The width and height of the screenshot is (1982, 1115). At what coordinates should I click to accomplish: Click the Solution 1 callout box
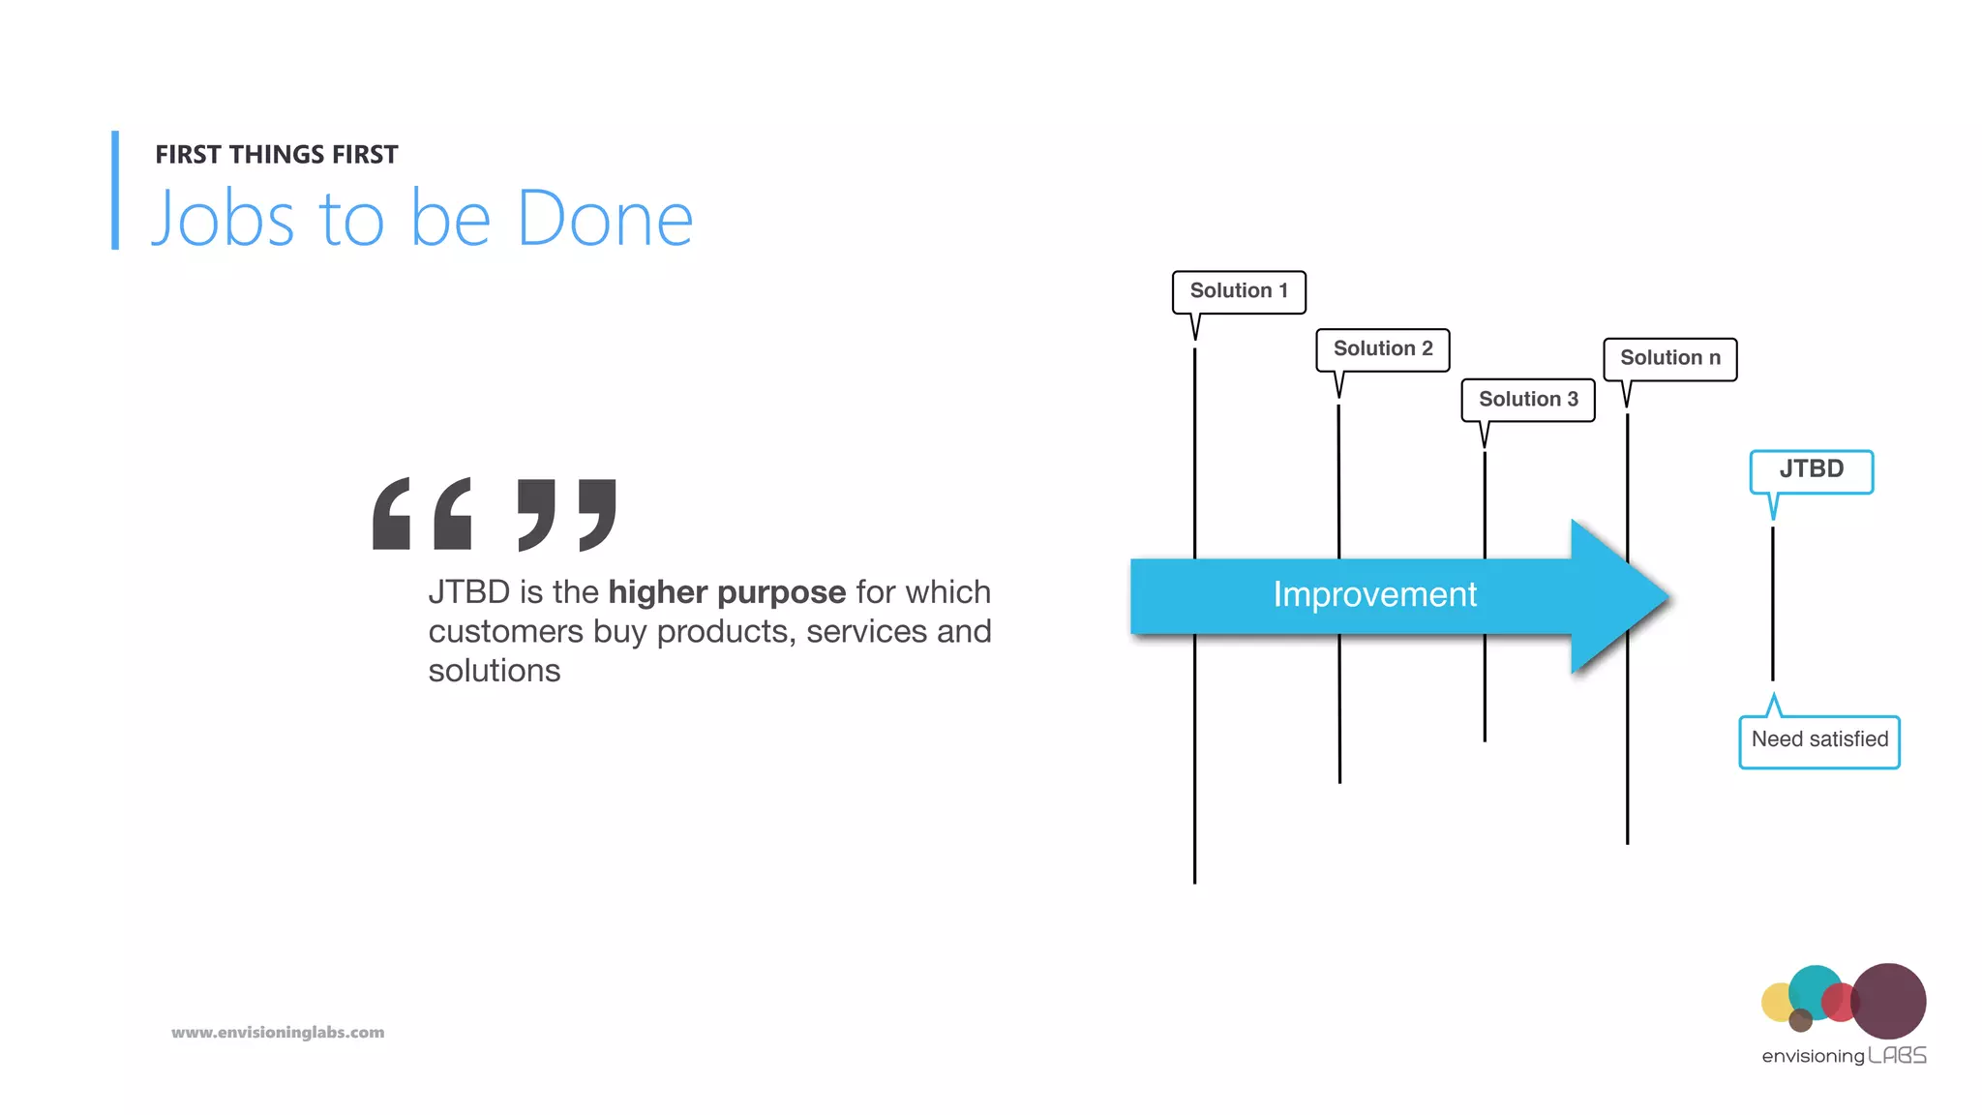coord(1239,291)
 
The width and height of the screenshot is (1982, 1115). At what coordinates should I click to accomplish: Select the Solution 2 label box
coord(1382,349)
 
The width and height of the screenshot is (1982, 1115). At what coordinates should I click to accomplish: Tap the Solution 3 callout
coord(1527,400)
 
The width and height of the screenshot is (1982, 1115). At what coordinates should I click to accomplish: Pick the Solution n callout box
coord(1669,359)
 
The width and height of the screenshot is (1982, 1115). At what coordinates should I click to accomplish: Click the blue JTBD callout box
coord(1811,471)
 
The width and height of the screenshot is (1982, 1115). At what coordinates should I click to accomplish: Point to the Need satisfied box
coord(1819,741)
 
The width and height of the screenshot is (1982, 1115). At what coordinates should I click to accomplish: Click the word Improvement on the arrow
coord(1374,595)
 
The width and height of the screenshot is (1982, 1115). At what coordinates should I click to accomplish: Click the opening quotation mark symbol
coord(422,514)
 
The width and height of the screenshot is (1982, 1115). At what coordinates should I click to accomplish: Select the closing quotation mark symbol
coord(567,514)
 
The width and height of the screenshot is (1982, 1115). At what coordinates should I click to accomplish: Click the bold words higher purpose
coord(727,592)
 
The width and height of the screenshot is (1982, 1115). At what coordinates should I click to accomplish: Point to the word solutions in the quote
coord(495,671)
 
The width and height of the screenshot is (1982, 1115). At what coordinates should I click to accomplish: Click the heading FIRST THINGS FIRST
coord(277,155)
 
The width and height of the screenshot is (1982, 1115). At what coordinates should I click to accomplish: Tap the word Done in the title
coord(605,220)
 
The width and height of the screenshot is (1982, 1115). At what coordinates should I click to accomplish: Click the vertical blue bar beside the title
coord(115,191)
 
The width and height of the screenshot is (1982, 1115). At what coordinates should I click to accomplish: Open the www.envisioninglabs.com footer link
coord(278,1033)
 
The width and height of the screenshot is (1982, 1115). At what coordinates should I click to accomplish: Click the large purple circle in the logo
coord(1888,1001)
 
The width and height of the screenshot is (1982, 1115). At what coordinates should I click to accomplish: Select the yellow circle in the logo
coord(1777,1003)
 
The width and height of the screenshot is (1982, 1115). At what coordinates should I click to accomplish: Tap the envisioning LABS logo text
coord(1844,1056)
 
